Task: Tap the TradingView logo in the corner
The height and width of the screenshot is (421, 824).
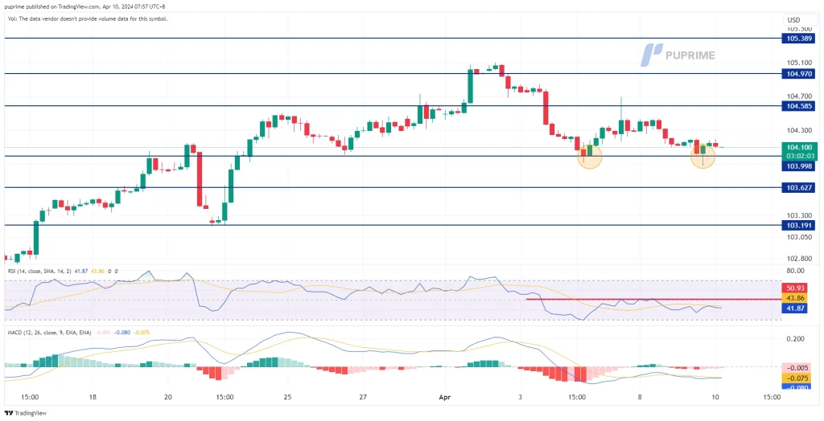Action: click(26, 413)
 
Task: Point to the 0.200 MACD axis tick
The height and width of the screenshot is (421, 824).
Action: click(797, 338)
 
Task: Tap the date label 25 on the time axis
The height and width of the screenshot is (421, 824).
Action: click(287, 397)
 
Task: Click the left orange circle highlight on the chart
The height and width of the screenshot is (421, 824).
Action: click(590, 157)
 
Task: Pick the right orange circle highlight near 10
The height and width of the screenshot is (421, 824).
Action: click(702, 157)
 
